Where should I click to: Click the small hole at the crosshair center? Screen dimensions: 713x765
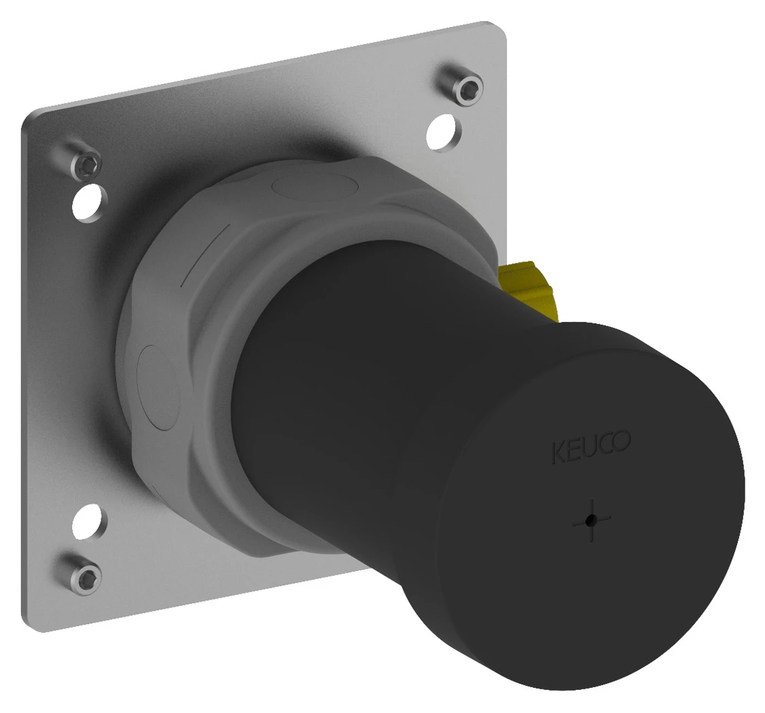coord(592,520)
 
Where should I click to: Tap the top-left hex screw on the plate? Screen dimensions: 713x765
coord(87,164)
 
